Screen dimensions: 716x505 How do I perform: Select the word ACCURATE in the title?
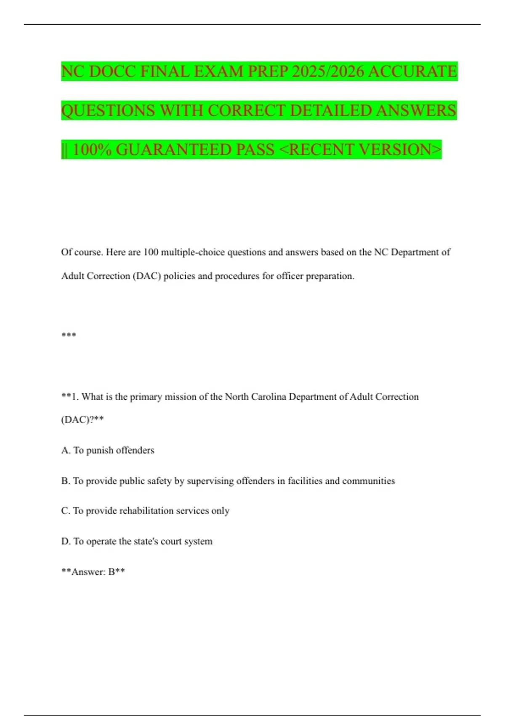(x=412, y=71)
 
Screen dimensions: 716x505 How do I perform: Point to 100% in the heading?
(x=92, y=150)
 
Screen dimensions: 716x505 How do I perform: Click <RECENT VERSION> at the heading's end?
(x=360, y=150)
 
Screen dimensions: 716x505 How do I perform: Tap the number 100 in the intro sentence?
(x=151, y=252)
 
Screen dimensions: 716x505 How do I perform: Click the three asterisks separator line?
(x=69, y=335)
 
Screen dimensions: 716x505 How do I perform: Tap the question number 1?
(x=74, y=397)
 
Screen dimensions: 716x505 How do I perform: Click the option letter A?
(x=66, y=450)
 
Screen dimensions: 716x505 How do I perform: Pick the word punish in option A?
(x=99, y=450)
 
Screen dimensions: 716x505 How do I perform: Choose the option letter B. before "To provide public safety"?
(x=66, y=481)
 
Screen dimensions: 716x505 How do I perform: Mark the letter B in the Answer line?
(x=112, y=572)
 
